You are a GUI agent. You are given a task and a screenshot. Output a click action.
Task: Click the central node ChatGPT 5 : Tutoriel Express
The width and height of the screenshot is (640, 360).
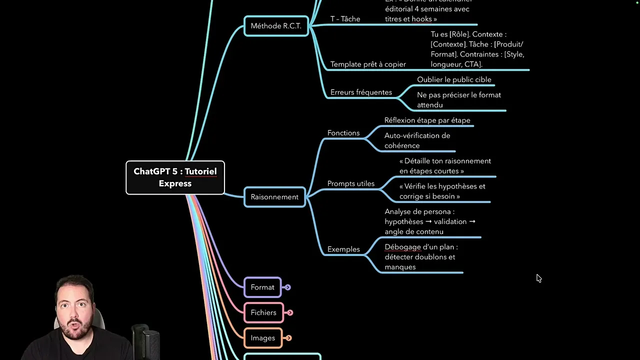(175, 177)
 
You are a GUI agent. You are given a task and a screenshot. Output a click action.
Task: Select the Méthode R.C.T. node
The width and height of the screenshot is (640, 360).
(276, 26)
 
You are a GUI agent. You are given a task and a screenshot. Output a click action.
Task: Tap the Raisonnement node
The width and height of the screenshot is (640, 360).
(274, 197)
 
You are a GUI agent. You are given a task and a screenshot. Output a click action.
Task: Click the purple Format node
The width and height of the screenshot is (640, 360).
(262, 287)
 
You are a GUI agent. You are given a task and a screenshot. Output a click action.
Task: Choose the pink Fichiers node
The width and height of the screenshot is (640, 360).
(263, 313)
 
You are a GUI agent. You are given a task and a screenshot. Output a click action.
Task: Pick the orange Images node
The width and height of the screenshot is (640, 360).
(263, 338)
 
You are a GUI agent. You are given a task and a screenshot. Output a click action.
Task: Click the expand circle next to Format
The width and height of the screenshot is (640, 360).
(287, 287)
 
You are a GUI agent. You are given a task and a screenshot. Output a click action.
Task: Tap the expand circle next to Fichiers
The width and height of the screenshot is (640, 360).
(290, 313)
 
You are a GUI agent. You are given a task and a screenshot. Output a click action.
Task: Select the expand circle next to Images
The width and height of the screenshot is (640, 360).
(288, 338)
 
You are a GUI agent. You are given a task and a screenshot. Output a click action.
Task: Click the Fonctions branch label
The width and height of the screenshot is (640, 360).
(343, 133)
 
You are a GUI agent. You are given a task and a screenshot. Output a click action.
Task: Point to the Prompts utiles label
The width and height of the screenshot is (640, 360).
(351, 183)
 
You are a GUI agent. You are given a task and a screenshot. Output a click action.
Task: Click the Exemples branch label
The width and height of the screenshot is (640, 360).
(343, 249)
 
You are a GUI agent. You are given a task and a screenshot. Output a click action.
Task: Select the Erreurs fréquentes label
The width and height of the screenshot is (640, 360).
(361, 92)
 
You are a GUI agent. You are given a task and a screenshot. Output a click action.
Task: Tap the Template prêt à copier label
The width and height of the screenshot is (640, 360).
(368, 64)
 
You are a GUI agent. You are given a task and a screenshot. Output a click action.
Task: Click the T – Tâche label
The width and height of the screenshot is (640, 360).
(345, 19)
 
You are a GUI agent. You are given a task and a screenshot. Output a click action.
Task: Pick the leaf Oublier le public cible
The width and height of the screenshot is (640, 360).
(454, 79)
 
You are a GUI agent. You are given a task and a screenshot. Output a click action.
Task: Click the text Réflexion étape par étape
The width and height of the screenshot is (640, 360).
(427, 120)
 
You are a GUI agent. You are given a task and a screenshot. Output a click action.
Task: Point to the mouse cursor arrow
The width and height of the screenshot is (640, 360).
(538, 278)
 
